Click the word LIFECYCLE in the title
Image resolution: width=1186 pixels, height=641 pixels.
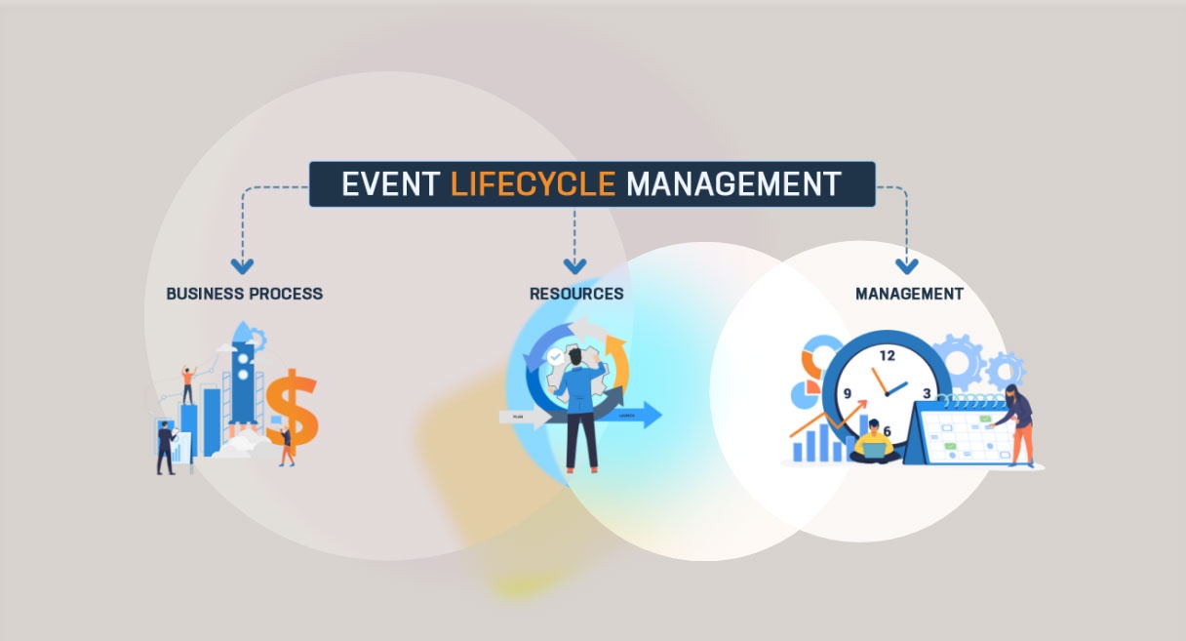533,183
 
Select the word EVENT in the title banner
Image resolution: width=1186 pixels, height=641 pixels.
390,183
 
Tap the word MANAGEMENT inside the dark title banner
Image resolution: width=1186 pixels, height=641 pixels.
732,183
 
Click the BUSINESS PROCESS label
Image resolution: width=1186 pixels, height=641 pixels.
244,293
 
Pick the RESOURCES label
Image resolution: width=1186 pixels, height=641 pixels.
576,293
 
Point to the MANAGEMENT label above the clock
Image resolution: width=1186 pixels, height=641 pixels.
909,293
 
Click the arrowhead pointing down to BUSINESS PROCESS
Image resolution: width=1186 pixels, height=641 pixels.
242,265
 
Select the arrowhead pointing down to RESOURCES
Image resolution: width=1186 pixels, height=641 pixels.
574,265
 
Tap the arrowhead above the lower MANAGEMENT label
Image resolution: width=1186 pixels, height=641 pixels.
908,265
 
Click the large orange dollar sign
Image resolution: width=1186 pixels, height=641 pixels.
292,410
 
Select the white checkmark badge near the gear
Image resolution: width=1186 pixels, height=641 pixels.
555,358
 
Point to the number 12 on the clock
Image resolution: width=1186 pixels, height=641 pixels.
887,355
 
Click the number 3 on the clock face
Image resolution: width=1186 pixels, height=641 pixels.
927,393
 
